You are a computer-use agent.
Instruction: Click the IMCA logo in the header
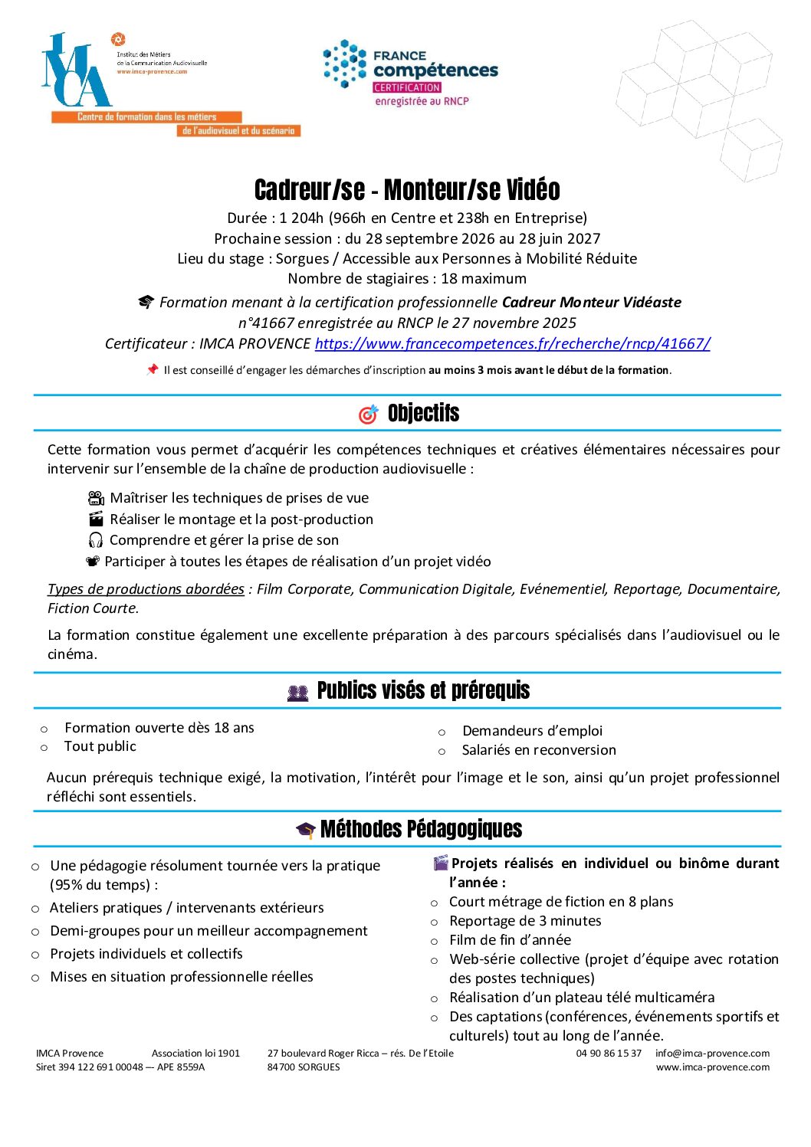(77, 71)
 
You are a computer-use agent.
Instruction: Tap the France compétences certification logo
(411, 74)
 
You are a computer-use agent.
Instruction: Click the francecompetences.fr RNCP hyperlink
(512, 344)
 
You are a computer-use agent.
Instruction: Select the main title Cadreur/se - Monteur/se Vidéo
(407, 190)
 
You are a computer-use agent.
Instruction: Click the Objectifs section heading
(423, 414)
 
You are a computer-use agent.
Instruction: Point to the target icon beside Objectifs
(369, 415)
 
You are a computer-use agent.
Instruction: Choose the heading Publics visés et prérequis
(423, 691)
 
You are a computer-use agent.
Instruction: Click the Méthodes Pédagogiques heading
(421, 829)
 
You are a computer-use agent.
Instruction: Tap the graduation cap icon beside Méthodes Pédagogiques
(306, 830)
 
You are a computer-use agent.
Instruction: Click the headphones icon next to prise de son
(96, 540)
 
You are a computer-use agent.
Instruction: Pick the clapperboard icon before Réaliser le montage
(96, 519)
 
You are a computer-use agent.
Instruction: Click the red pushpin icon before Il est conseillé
(152, 370)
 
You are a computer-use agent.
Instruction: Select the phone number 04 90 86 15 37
(609, 1054)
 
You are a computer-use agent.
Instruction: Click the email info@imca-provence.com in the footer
(712, 1054)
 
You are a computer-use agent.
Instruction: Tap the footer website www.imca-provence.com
(712, 1067)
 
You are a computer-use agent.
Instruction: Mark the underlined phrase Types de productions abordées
(146, 589)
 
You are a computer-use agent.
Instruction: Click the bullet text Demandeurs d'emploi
(532, 731)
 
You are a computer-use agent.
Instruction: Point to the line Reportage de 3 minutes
(525, 921)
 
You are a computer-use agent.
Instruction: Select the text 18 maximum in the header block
(484, 279)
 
